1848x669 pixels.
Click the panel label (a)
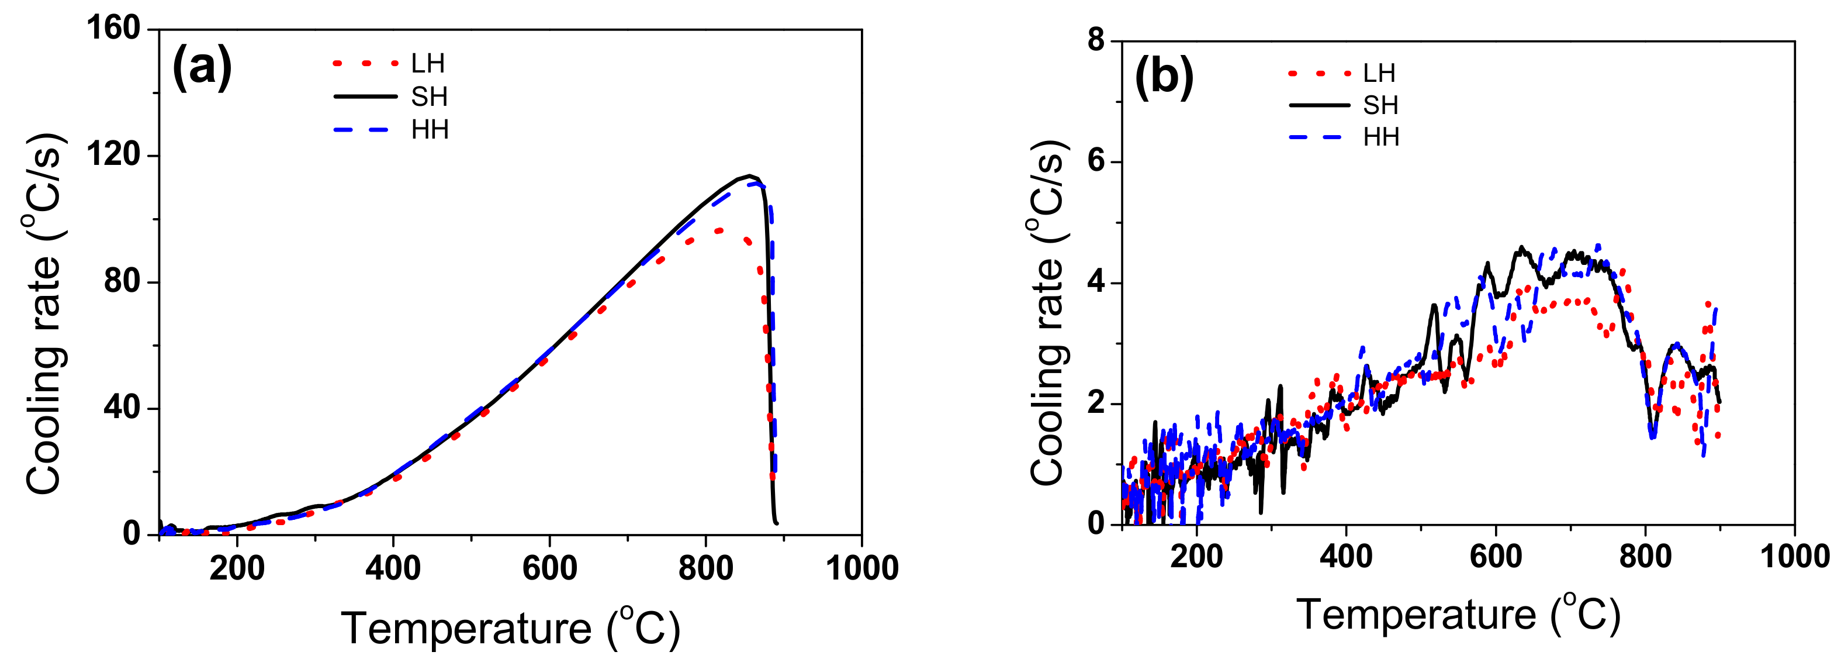pyautogui.click(x=202, y=67)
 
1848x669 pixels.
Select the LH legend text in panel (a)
pyautogui.click(x=428, y=64)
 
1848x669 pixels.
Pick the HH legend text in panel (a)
pyautogui.click(x=430, y=130)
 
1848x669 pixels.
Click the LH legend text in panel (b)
pyautogui.click(x=1379, y=73)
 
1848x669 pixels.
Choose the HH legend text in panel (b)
pyautogui.click(x=1381, y=137)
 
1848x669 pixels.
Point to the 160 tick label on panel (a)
pyautogui.click(x=113, y=29)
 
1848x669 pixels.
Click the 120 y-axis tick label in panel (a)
pyautogui.click(x=113, y=155)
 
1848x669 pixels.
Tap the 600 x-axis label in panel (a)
pyautogui.click(x=549, y=568)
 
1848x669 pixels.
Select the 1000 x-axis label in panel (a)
pyautogui.click(x=861, y=568)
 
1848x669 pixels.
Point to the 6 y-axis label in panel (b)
pyautogui.click(x=1095, y=161)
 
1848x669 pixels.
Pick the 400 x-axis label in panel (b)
pyautogui.click(x=1346, y=557)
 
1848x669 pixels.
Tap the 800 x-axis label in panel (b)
pyautogui.click(x=1645, y=557)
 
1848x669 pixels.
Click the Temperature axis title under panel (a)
pyautogui.click(x=510, y=629)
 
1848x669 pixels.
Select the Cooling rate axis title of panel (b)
pyautogui.click(x=1048, y=312)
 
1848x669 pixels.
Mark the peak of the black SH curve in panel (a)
pyautogui.click(x=750, y=175)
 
